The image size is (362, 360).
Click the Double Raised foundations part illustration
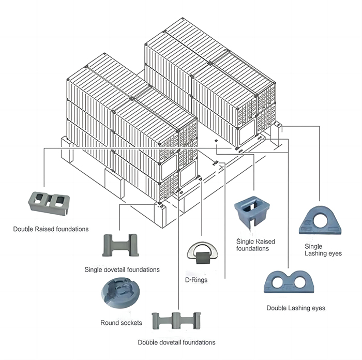[49, 203]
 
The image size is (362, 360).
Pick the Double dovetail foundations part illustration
[176, 321]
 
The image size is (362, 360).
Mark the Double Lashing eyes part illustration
[289, 281]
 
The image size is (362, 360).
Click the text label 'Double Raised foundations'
[51, 229]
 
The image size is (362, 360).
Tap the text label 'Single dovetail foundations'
[122, 269]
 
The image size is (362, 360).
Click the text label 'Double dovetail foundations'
[176, 342]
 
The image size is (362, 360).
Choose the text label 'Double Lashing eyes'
[296, 308]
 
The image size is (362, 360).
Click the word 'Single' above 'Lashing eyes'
[313, 246]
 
